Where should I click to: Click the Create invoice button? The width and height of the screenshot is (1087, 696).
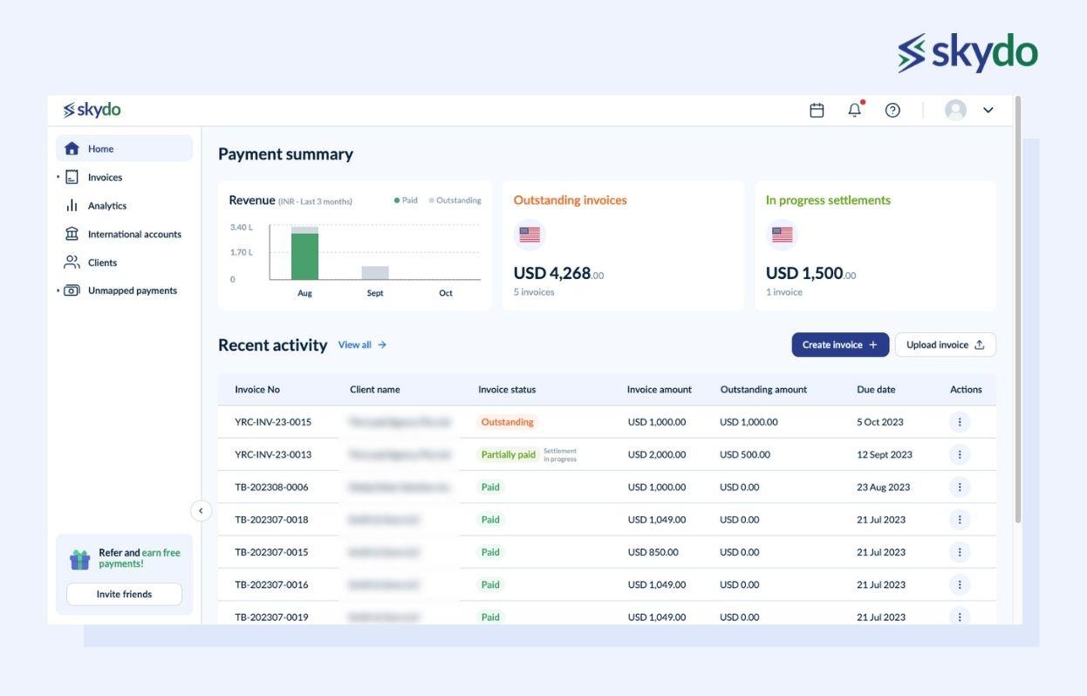[x=839, y=345]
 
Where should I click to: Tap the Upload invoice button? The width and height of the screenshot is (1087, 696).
[x=945, y=345]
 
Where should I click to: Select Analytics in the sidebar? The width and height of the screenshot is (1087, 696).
[x=106, y=206]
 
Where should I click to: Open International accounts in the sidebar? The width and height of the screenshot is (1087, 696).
[x=133, y=234]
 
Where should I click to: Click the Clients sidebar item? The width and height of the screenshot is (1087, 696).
[x=102, y=263]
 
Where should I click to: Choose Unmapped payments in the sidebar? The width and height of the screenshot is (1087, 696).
[x=132, y=290]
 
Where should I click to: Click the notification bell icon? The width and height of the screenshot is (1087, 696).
[x=855, y=110]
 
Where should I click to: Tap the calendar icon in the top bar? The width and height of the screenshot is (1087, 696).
[x=817, y=110]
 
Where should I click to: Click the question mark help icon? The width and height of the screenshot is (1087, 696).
[x=892, y=110]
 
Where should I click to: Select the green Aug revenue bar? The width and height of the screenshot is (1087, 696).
[x=304, y=256]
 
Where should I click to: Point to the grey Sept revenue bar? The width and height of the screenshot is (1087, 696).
[x=375, y=273]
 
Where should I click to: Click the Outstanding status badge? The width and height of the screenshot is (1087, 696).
[x=507, y=422]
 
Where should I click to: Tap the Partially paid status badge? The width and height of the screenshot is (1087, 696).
[x=508, y=454]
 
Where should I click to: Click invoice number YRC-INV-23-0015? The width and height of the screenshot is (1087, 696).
[x=273, y=422]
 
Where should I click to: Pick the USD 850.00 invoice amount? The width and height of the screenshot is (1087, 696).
[x=653, y=552]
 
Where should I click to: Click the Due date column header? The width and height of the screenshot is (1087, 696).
[x=876, y=390]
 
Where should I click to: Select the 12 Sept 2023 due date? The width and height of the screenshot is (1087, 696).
[x=884, y=454]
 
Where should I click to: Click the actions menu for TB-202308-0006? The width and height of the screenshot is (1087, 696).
[x=959, y=488]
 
